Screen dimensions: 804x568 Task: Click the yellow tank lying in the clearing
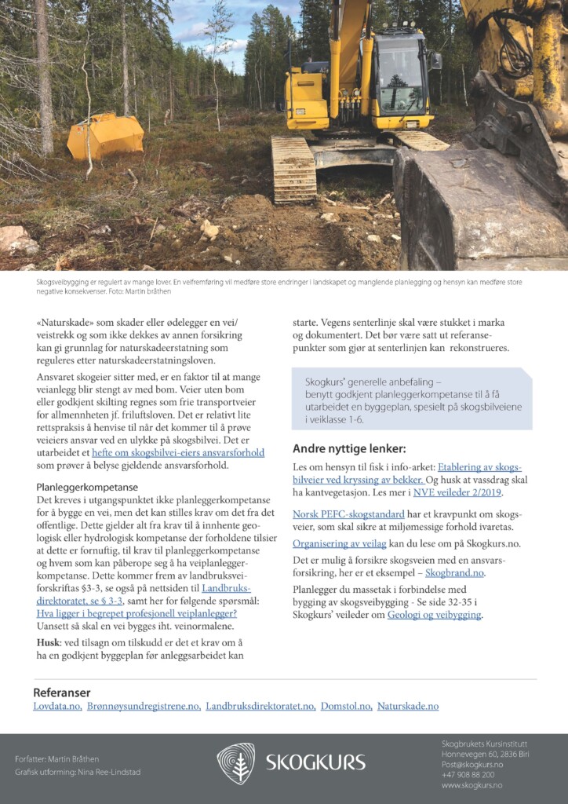click(x=105, y=135)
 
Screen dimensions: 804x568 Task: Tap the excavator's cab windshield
click(x=399, y=75)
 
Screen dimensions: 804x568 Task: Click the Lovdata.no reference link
click(x=57, y=707)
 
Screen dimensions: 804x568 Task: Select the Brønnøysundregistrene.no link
click(x=144, y=707)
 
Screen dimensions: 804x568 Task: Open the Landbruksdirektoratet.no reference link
click(x=260, y=707)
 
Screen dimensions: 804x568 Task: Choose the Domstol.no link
click(x=346, y=707)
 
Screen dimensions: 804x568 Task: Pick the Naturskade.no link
click(x=408, y=707)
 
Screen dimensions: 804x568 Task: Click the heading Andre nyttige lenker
click(x=349, y=449)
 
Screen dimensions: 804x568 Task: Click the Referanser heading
click(x=62, y=693)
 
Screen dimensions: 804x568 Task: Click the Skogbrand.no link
click(x=455, y=574)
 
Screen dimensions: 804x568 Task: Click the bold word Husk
click(x=49, y=641)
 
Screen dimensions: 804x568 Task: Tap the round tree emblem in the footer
click(x=235, y=762)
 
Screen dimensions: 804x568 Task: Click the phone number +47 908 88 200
click(x=468, y=774)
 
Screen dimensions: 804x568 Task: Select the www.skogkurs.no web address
click(x=472, y=785)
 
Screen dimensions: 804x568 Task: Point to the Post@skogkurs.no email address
click(x=472, y=764)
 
